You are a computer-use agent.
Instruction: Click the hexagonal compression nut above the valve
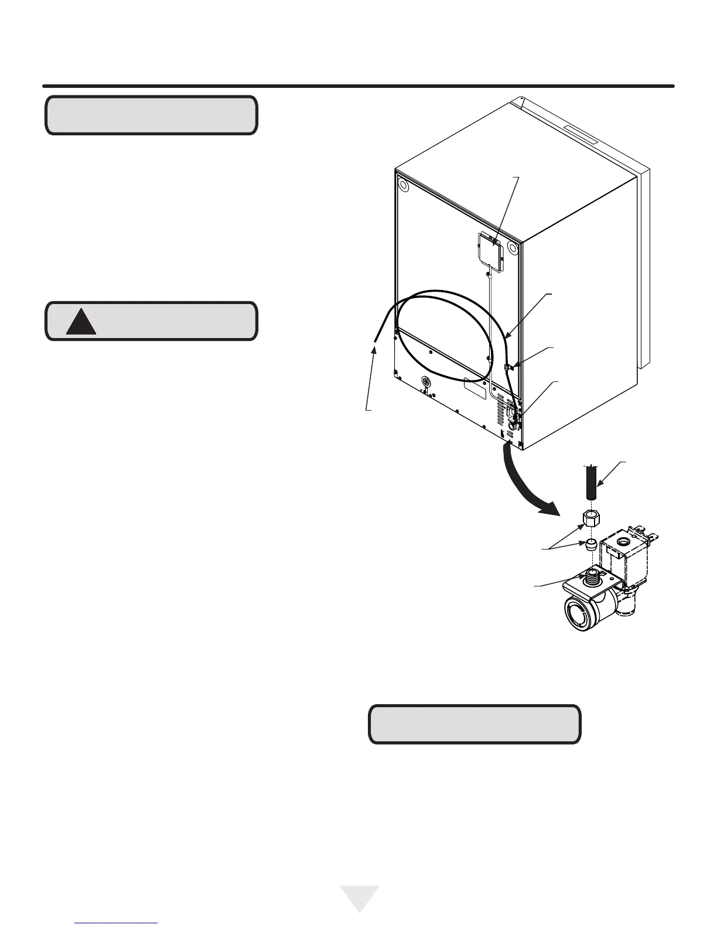point(590,517)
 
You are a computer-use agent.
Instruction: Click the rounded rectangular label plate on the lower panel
point(475,388)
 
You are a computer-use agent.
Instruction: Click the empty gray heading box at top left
point(151,115)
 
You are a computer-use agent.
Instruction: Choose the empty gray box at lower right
point(474,725)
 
